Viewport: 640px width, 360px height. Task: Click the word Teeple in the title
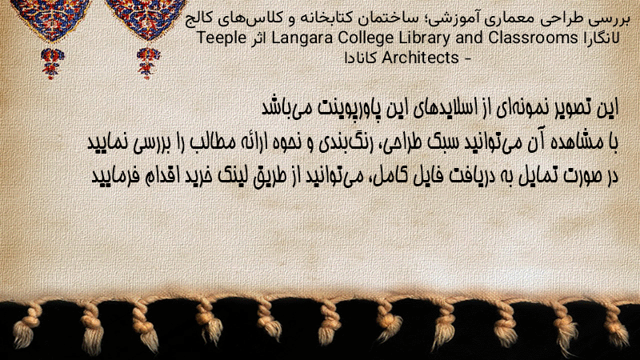click(x=222, y=38)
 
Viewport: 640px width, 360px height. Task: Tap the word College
click(x=366, y=38)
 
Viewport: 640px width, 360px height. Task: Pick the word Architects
click(x=420, y=58)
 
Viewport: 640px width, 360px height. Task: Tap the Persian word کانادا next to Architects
click(x=361, y=58)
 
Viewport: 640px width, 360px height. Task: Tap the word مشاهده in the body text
click(x=578, y=142)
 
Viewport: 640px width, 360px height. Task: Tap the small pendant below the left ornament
click(x=52, y=63)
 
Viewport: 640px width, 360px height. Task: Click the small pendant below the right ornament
click(x=148, y=63)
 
